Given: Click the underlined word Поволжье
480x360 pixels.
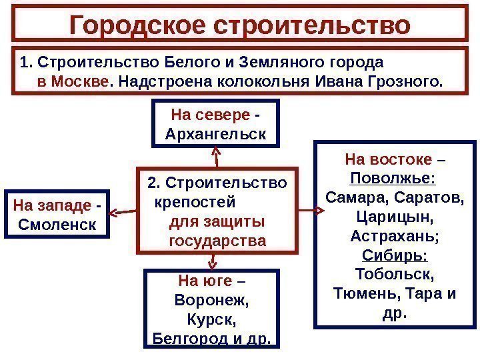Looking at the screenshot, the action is tap(393, 179).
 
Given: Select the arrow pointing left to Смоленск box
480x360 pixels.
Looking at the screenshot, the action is tap(121, 212).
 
